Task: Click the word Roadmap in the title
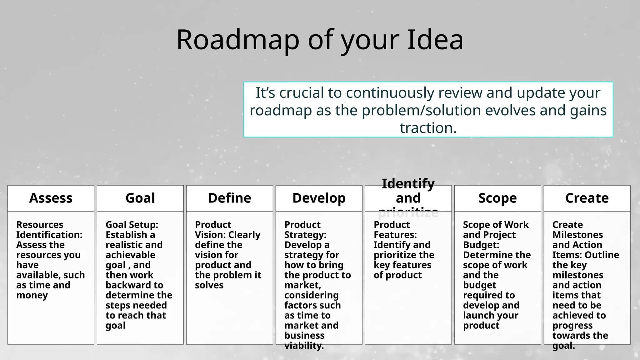[x=237, y=40]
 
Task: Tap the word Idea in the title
[x=435, y=40]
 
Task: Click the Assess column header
[x=51, y=198]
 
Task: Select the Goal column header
[x=140, y=198]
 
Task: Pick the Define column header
[x=229, y=198]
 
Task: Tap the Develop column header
[x=319, y=198]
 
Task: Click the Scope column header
[x=497, y=198]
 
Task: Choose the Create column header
[x=587, y=198]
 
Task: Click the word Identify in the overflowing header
[x=408, y=184]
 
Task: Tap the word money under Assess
[x=32, y=295]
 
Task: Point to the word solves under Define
[x=209, y=285]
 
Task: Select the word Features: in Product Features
[x=395, y=235]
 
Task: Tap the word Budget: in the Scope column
[x=481, y=245]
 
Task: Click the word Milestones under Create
[x=577, y=235]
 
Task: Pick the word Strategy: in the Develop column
[x=305, y=235]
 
